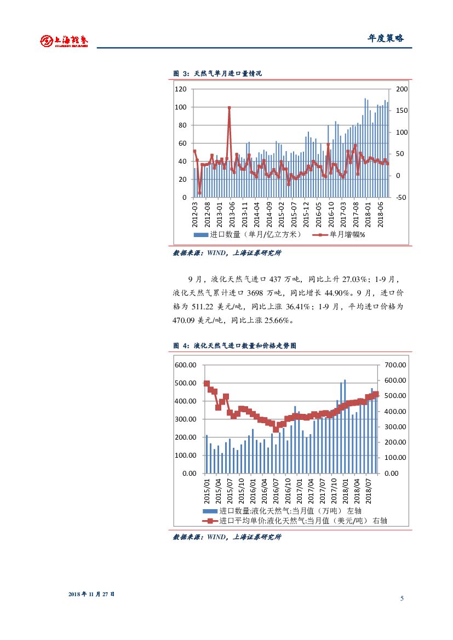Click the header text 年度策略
tap(385, 38)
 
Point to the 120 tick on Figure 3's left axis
tap(181, 89)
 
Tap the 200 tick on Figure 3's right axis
tap(402, 89)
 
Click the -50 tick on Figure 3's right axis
tap(401, 197)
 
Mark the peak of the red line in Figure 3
tap(229, 108)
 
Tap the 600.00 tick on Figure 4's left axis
tap(186, 365)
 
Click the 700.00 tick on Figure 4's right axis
tap(394, 365)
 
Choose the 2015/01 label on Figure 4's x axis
tap(207, 491)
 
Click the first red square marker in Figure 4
tap(207, 384)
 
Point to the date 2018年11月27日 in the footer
tap(91, 594)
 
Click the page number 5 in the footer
tap(402, 598)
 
